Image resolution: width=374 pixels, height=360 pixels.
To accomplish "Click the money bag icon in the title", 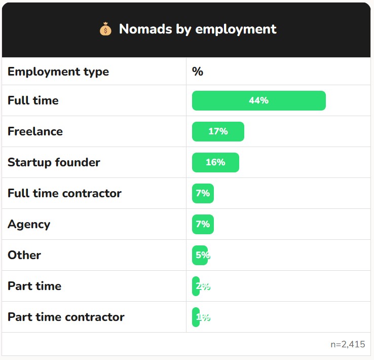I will [x=105, y=29].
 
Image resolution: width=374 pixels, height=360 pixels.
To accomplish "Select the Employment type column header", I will [x=58, y=71].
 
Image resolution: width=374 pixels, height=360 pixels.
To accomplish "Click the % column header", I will [x=198, y=71].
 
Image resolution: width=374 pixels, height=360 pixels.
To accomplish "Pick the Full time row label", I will [x=33, y=100].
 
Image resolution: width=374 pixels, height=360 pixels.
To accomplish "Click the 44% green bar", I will [x=258, y=100].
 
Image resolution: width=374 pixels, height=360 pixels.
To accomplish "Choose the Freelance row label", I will [x=35, y=131].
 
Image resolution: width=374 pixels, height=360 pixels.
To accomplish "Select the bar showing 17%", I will [x=218, y=131].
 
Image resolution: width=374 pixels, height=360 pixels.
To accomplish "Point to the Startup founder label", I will [x=54, y=162].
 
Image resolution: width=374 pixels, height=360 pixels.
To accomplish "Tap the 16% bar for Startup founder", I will [x=215, y=162].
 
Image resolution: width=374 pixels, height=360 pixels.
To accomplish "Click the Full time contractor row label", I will [x=64, y=193].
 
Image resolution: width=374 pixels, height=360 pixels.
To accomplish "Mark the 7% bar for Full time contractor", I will [x=203, y=193].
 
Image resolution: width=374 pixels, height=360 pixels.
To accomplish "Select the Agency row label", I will [x=29, y=224].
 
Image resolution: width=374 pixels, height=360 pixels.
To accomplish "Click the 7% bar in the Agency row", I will [x=203, y=224].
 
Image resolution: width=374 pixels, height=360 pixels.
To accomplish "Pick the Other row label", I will [x=24, y=255].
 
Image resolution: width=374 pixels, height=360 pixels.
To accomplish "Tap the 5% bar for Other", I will [x=200, y=255].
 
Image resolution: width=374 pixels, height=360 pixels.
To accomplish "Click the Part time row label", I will [x=34, y=286].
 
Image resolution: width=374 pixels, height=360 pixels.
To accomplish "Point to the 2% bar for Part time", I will [x=196, y=286].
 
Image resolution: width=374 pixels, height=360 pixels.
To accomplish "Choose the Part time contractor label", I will [x=66, y=317].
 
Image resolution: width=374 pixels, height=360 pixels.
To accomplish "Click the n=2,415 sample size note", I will [x=348, y=344].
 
